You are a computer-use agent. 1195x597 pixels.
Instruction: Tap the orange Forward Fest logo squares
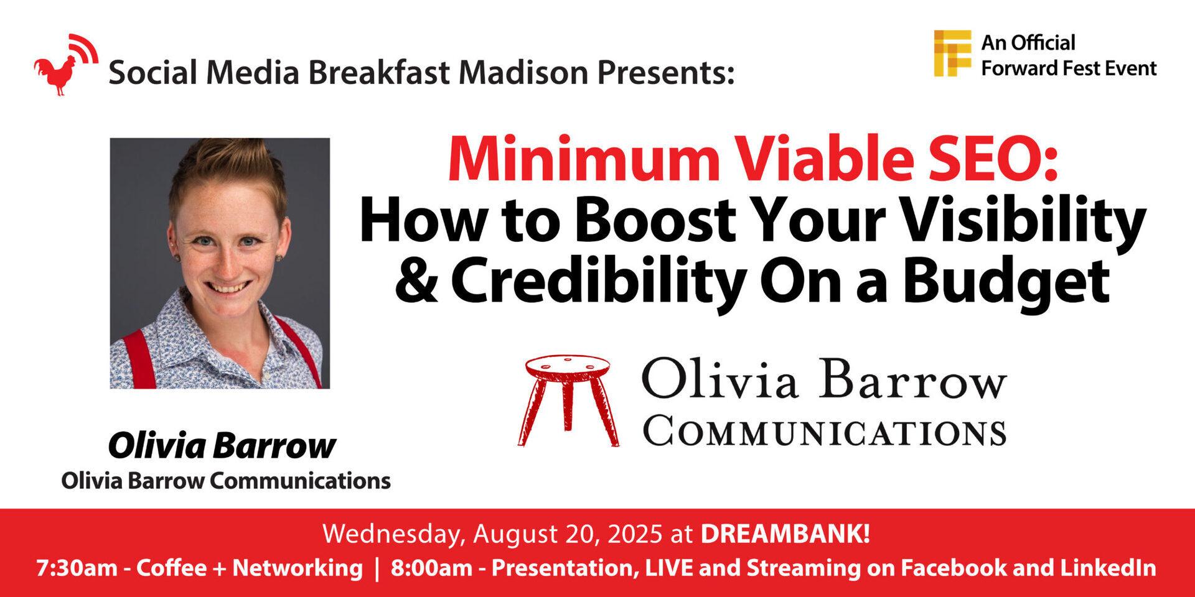952,53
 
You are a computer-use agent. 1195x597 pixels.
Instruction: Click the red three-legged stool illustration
568,400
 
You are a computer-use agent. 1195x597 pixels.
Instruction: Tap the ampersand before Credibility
416,280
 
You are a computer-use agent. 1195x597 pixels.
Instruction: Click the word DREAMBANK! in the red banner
785,534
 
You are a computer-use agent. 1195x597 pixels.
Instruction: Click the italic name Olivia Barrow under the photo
222,446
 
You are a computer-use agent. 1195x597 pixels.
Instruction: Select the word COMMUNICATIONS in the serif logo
825,431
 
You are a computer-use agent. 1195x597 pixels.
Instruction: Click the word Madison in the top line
523,72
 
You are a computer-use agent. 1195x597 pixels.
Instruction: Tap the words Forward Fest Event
1069,68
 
